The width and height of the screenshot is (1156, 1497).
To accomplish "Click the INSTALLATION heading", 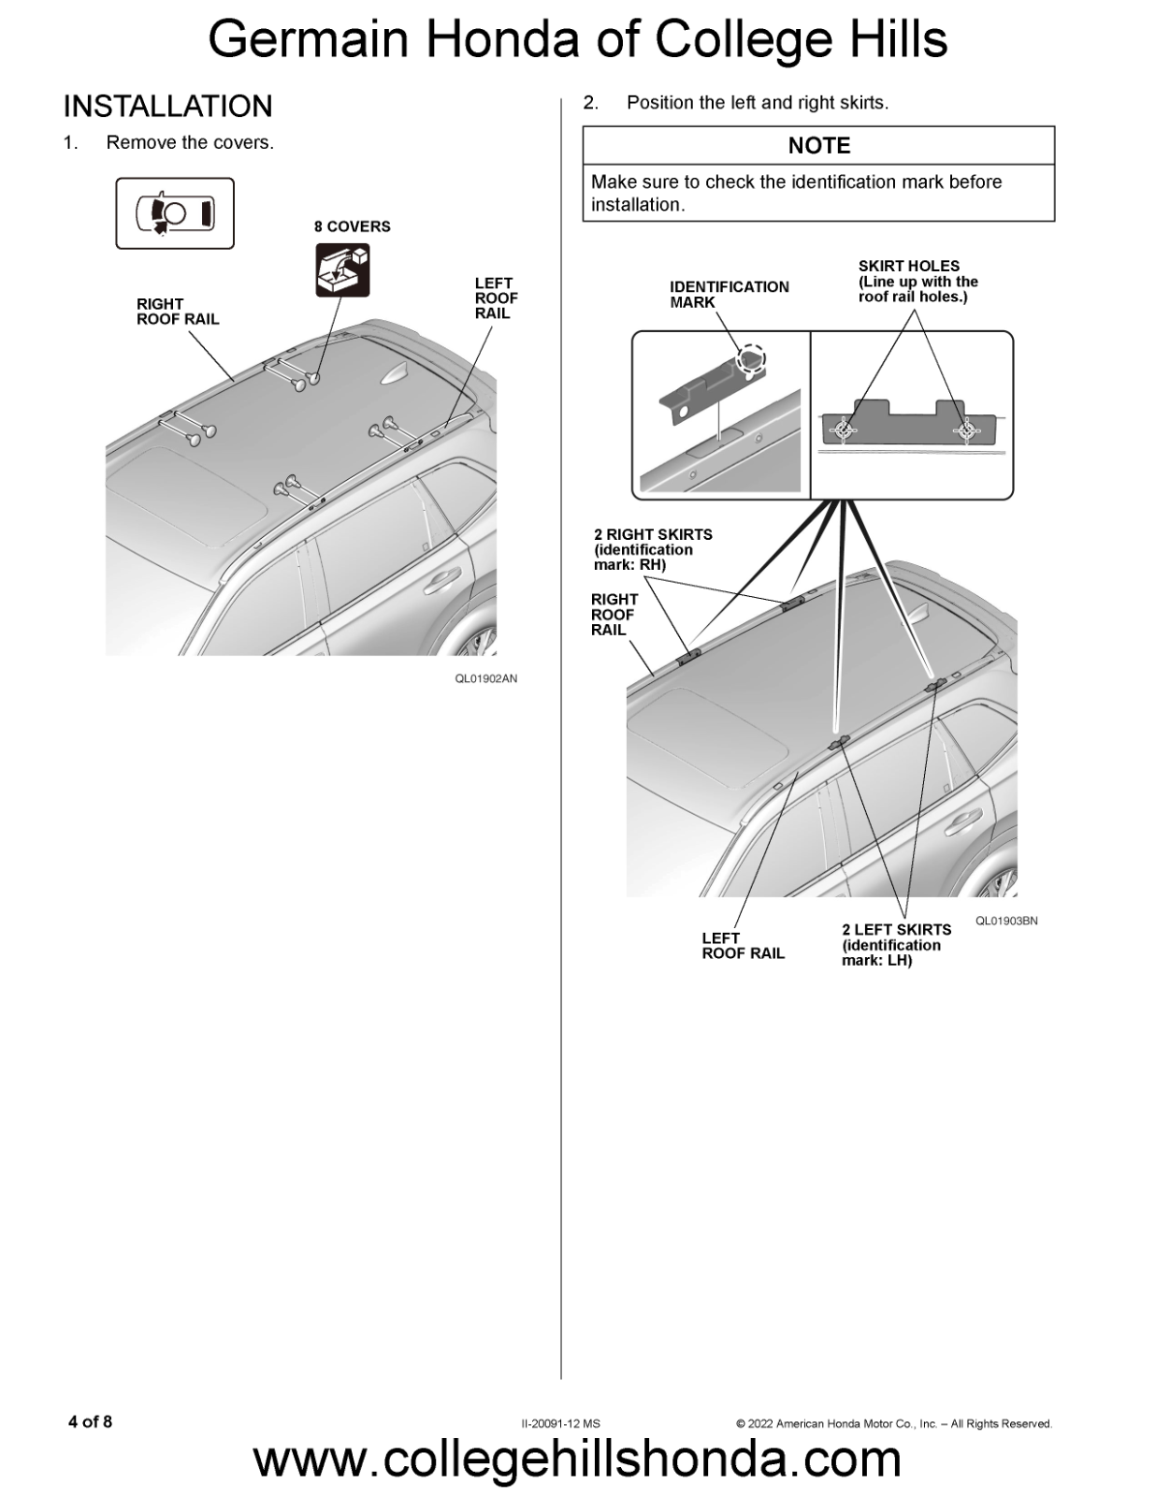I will pyautogui.click(x=167, y=107).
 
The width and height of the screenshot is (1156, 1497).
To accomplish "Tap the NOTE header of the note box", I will pyautogui.click(x=818, y=146).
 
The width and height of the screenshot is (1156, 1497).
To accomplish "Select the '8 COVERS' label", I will pyautogui.click(x=352, y=226).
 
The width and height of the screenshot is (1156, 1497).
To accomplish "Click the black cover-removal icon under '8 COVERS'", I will pyautogui.click(x=342, y=269).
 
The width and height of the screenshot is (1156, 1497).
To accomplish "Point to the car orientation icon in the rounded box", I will pyautogui.click(x=175, y=213).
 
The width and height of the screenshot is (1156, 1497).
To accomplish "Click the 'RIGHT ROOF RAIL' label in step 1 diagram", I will pyautogui.click(x=178, y=312).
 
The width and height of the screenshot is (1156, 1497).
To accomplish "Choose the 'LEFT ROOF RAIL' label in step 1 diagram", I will pyautogui.click(x=496, y=298).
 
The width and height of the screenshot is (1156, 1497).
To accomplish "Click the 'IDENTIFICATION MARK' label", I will pyautogui.click(x=729, y=294).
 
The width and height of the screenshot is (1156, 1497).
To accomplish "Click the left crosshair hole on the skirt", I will pyautogui.click(x=845, y=429).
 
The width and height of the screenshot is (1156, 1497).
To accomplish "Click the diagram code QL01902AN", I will pyautogui.click(x=485, y=678).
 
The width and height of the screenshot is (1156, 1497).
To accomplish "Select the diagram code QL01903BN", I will pyautogui.click(x=1006, y=921).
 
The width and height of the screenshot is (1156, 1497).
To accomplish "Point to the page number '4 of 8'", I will pyautogui.click(x=91, y=1422).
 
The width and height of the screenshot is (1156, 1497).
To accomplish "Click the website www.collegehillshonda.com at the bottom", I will pyautogui.click(x=577, y=1460).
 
